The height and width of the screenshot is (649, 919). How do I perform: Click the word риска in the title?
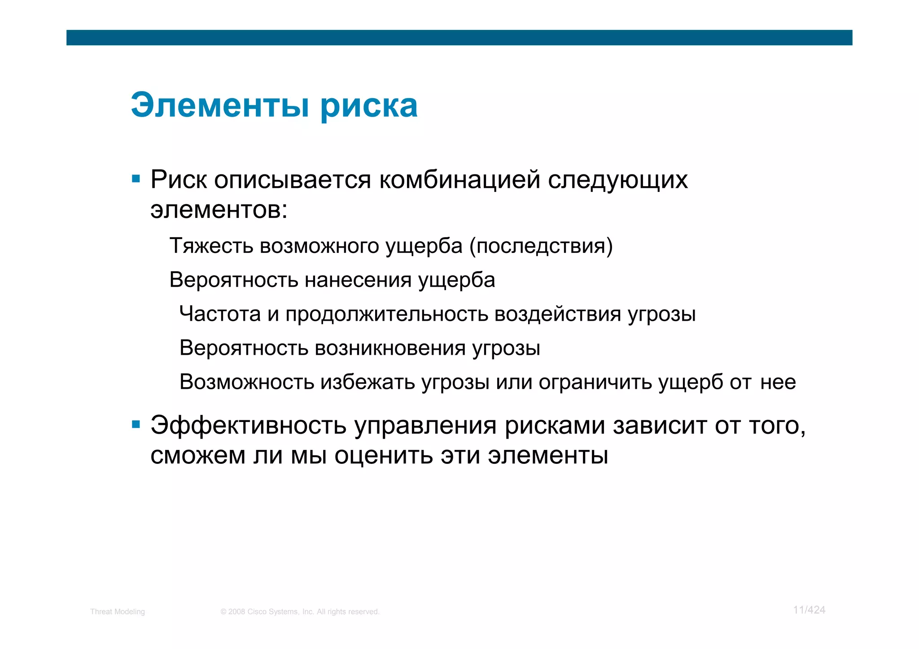tap(369, 107)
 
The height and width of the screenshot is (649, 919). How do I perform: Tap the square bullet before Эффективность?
tap(136, 424)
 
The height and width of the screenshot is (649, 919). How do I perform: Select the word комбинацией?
tap(459, 180)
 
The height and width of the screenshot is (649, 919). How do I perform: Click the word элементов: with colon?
tap(219, 210)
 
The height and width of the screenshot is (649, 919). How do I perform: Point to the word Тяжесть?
tap(211, 246)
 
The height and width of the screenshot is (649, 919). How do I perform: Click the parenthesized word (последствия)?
tap(541, 246)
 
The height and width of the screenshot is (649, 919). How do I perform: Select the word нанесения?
tap(358, 280)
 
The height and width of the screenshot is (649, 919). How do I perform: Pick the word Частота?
tap(220, 314)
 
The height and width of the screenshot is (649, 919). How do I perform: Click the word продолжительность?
tap(386, 314)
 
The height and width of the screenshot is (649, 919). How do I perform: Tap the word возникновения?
tap(390, 348)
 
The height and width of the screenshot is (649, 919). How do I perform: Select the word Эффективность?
tap(248, 425)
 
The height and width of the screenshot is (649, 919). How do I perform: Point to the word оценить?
tap(384, 455)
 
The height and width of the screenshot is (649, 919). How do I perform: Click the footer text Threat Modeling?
tap(117, 612)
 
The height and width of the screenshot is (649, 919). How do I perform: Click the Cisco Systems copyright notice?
tap(300, 612)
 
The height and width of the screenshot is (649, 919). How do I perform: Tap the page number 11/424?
tap(809, 610)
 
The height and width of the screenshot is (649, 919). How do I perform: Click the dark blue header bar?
tap(459, 38)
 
